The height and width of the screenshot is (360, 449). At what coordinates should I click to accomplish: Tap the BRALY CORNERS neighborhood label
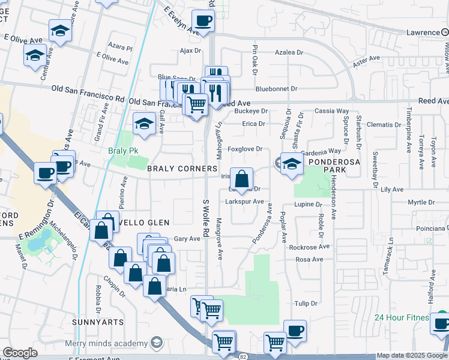[182, 169]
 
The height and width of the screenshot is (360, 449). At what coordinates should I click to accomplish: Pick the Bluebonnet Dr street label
[276, 89]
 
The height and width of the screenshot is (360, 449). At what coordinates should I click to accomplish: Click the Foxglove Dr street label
[245, 149]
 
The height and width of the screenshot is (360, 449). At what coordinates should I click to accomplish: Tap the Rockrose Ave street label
[309, 247]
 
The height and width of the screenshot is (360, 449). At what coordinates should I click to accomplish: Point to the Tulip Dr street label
[306, 304]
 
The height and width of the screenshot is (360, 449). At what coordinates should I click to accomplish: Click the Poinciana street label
[431, 229]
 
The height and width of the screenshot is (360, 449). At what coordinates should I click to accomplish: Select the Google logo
[20, 353]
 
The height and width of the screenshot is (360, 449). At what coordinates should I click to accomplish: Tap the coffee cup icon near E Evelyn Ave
[203, 21]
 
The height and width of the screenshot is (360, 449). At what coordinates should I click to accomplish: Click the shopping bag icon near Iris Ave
[241, 179]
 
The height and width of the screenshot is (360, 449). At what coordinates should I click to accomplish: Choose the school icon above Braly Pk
[143, 124]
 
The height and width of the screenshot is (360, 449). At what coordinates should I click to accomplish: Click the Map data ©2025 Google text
[411, 356]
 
